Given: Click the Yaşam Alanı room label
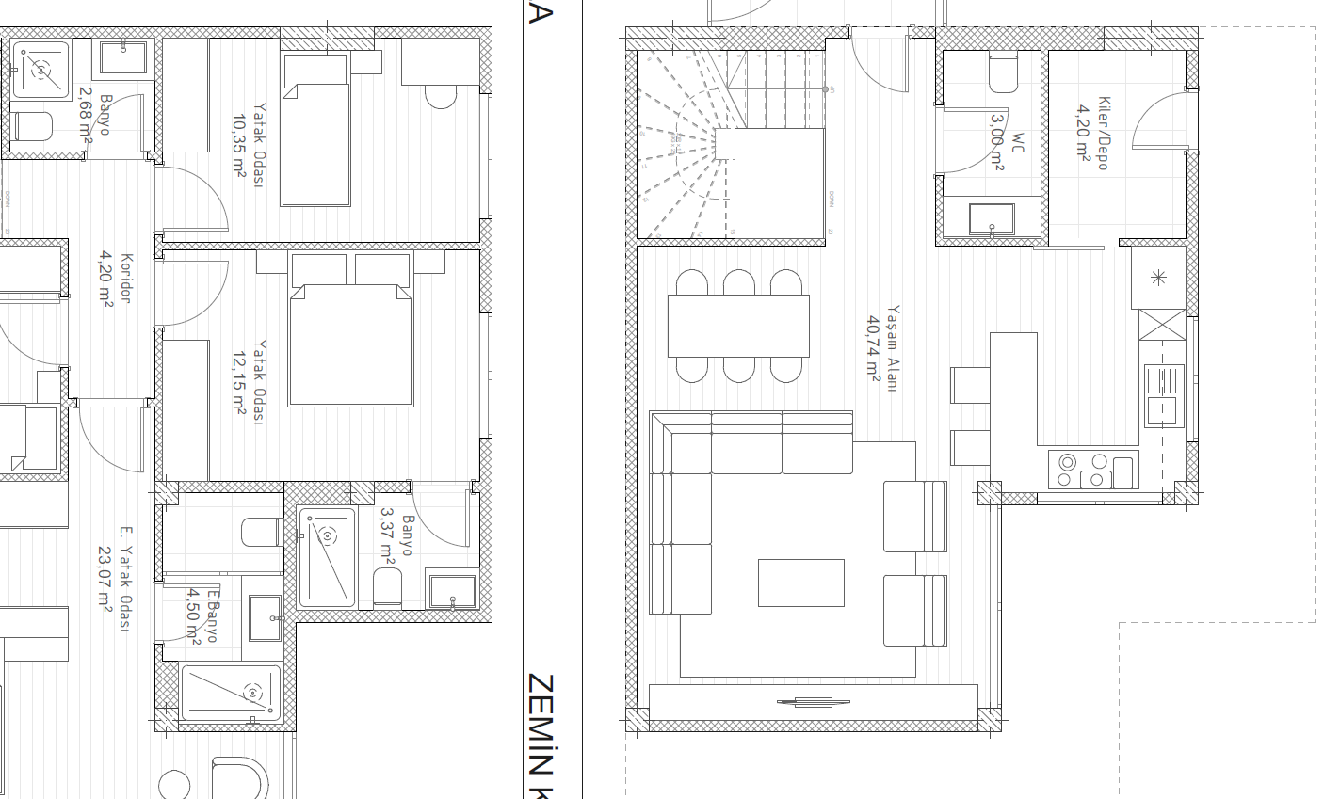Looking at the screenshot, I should coord(892,347).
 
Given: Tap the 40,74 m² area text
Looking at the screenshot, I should coord(874,347).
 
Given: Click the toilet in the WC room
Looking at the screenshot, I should coord(1003,74).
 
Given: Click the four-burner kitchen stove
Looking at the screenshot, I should coord(1081,470).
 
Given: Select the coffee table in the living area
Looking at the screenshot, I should coord(800,583).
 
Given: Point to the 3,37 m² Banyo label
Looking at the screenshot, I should coord(407,535).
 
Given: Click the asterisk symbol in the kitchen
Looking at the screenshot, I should coord(1158,277).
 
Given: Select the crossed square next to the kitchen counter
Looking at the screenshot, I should coord(1162,325).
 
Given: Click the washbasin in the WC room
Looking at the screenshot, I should coord(992,219).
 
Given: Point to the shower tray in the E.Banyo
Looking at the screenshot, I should coord(230,694).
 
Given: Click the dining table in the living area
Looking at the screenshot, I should coord(738,326).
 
